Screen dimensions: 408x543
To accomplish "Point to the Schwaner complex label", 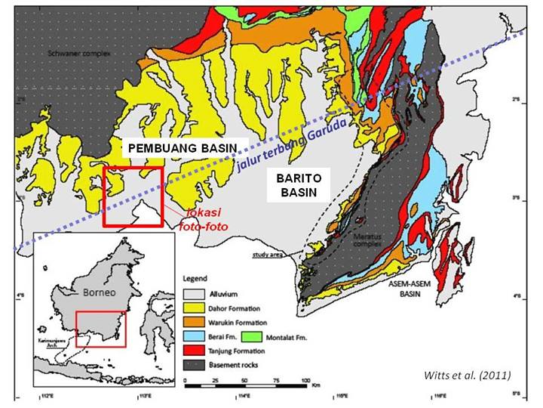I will [70, 55].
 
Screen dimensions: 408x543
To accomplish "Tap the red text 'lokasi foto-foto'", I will [202, 219].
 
